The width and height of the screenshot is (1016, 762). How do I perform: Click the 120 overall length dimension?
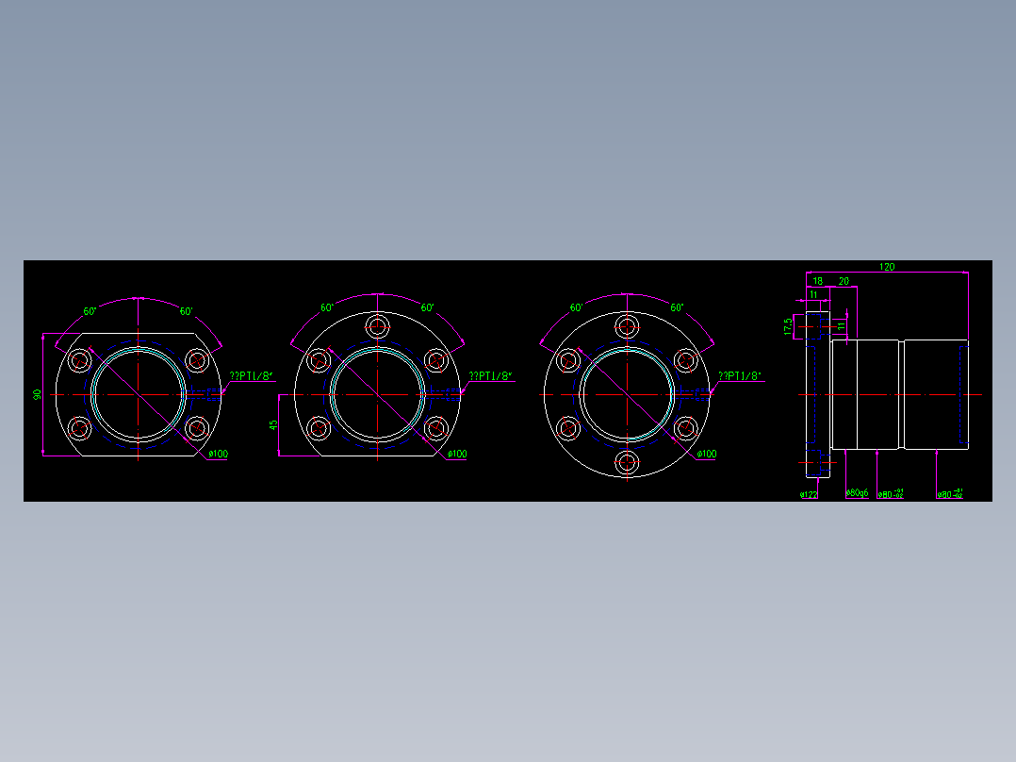(x=887, y=267)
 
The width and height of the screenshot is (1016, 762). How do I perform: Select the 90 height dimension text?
(x=38, y=394)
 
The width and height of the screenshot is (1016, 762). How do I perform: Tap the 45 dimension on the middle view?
(x=273, y=424)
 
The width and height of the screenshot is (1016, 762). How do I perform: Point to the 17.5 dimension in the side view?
(x=788, y=326)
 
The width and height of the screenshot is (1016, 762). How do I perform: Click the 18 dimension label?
(x=817, y=281)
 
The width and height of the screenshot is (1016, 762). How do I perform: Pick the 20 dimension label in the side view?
(x=843, y=281)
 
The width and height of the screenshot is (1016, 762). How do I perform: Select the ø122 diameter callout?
(x=808, y=493)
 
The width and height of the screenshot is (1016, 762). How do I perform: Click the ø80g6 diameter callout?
(x=856, y=493)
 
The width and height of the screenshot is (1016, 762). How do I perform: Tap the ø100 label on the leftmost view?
(x=218, y=454)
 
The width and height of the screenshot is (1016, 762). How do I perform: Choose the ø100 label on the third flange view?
(x=706, y=454)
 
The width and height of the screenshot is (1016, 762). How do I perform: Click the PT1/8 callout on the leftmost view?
(x=250, y=376)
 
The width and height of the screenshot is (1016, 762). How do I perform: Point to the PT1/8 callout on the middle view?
(x=489, y=376)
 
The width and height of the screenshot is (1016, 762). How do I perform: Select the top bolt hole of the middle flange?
(x=378, y=326)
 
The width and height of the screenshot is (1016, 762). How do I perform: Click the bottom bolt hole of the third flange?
(x=627, y=463)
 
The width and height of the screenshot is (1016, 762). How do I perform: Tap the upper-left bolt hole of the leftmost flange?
(x=80, y=359)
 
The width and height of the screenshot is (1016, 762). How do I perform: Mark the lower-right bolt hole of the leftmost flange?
(x=196, y=429)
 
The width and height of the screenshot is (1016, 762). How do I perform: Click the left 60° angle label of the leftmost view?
(x=90, y=310)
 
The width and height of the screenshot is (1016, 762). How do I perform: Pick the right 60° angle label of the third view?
(x=677, y=307)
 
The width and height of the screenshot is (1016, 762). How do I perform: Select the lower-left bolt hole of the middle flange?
(x=320, y=429)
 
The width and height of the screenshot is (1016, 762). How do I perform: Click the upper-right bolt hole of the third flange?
(x=685, y=359)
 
